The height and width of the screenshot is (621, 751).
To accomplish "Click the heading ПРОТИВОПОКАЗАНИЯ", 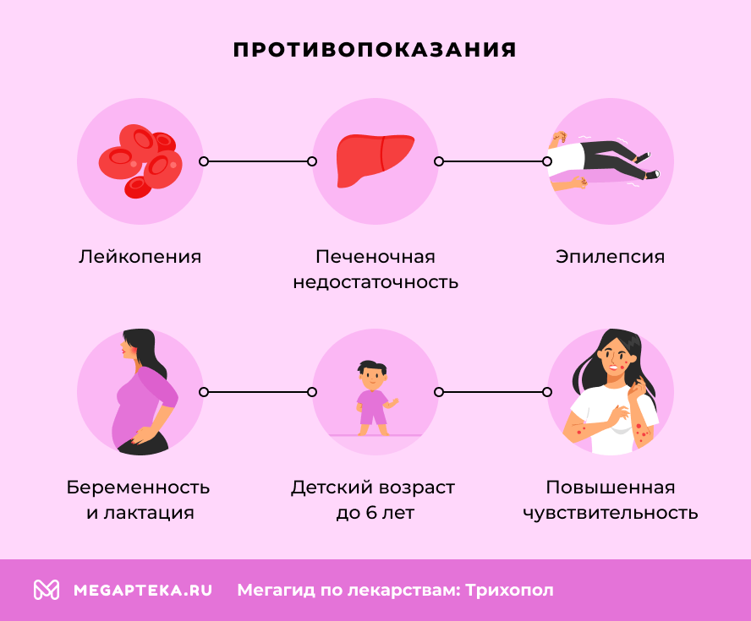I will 375,50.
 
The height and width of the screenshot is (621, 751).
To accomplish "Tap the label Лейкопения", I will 140,257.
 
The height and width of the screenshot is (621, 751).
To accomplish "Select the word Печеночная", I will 375,257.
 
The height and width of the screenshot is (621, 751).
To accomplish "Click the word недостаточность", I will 375,282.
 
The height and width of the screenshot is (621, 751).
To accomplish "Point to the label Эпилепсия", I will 611,257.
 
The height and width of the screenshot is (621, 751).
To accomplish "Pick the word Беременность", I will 139,488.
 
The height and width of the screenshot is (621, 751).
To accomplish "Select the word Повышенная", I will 611,488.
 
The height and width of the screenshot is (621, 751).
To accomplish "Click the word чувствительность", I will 611,513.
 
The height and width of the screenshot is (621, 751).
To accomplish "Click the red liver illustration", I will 375,160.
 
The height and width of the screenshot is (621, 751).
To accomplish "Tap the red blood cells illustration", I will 137,161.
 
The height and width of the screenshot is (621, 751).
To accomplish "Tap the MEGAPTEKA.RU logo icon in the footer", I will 46,590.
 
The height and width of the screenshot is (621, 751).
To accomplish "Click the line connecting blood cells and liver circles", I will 257,161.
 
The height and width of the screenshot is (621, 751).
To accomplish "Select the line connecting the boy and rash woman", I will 493,392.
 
